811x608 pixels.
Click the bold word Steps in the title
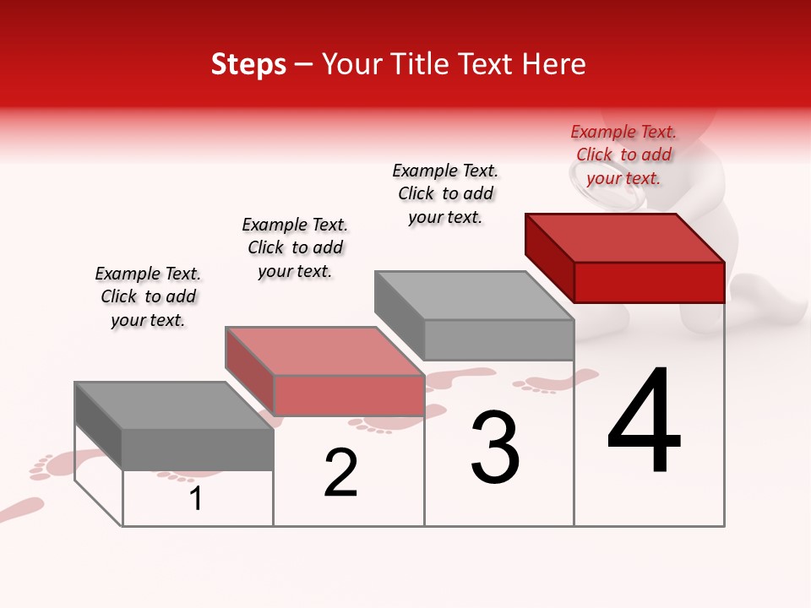tap(248, 64)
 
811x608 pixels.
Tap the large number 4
tap(644, 422)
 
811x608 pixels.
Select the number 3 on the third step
tap(494, 448)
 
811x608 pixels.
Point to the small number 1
tap(196, 498)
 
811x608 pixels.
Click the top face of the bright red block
tap(625, 238)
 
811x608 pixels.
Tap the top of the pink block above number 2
tap(324, 351)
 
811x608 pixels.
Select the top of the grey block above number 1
tap(174, 405)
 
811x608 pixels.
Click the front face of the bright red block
tap(649, 282)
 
